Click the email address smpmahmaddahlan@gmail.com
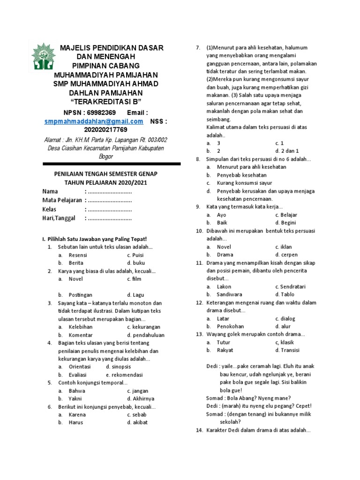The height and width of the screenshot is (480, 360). point(94,121)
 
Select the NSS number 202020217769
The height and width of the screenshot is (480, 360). point(105,129)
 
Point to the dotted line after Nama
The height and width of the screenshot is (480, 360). point(109,192)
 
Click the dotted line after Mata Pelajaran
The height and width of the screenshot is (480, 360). point(109,201)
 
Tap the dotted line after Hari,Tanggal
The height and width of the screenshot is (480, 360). point(109,218)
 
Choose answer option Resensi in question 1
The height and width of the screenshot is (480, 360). point(78,255)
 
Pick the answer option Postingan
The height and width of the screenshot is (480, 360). point(81,295)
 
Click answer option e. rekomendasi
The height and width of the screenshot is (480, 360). point(124,375)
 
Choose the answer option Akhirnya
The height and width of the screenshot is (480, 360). point(140,398)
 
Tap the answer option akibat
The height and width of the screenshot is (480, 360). point(140,422)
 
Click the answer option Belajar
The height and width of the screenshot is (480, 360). point(288,215)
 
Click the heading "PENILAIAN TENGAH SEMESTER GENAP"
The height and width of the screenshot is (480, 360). point(111,174)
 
